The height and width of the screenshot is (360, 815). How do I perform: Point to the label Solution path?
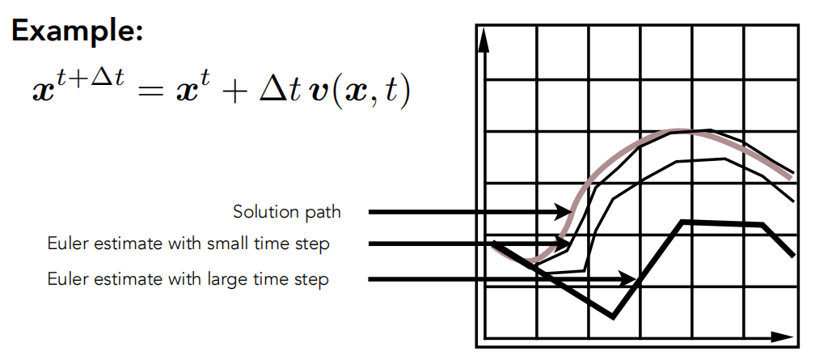pos(287,212)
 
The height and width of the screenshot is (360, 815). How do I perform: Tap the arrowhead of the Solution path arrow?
pos(564,212)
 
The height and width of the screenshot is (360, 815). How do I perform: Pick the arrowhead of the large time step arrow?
pos(627,279)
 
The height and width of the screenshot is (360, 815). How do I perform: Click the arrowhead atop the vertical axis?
pos(484,40)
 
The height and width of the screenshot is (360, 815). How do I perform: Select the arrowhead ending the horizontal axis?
pos(783,337)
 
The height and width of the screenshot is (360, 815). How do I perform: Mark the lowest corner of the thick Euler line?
pos(614,317)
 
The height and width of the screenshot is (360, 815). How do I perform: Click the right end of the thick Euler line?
pos(793,255)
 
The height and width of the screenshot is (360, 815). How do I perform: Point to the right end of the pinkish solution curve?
pos(791,177)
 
